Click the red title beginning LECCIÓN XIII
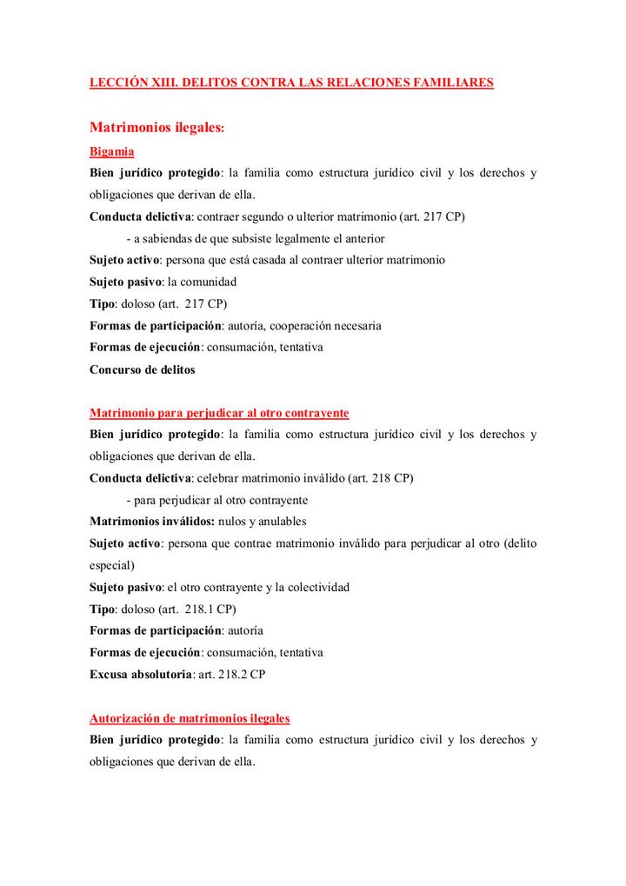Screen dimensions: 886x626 [x=292, y=83]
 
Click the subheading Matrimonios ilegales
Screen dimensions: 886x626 [x=157, y=128]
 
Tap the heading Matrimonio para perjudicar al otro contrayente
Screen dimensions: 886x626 [x=219, y=411]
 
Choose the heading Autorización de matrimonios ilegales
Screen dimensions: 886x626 [x=190, y=719]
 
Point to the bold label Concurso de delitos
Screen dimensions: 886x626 [x=143, y=369]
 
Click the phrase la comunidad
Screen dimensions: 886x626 [x=202, y=282]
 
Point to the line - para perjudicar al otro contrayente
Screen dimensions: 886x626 [x=216, y=500]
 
